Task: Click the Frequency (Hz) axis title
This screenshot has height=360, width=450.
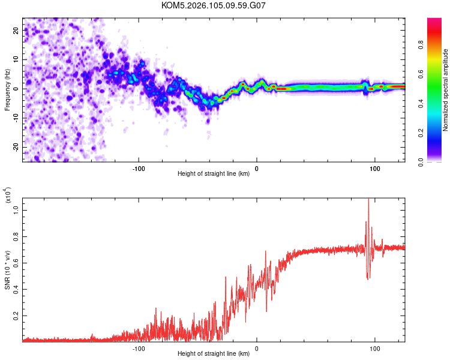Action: pos(7,89)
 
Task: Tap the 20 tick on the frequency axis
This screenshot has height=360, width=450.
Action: pos(16,30)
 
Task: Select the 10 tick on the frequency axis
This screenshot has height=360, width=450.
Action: pos(16,59)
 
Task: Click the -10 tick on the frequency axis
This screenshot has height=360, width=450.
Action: pos(15,118)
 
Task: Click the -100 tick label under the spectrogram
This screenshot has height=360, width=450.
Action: pos(139,168)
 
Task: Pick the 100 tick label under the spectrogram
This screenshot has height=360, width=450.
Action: pos(375,168)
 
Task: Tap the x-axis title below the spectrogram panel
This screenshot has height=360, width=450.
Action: pos(214,174)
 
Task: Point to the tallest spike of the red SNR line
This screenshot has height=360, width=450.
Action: pos(368,200)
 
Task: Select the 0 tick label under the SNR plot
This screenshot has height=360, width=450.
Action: pos(257,347)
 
